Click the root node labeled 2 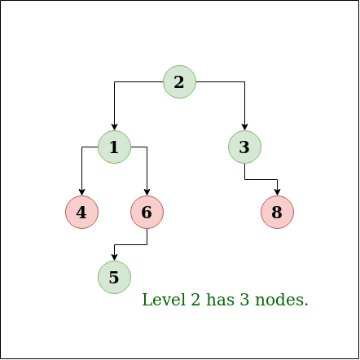[179, 81]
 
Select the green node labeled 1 [114, 147]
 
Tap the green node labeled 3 [244, 147]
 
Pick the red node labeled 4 [81, 212]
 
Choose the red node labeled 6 [147, 212]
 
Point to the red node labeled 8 [277, 212]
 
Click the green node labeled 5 [114, 277]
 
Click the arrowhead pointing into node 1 [114, 127]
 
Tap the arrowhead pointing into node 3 [244, 127]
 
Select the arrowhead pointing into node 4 [81, 192]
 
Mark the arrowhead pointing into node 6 [147, 192]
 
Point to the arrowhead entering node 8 [277, 192]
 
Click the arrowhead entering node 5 [114, 257]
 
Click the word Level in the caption [164, 300]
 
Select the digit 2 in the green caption [195, 300]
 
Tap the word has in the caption [220, 300]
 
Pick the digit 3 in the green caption [244, 300]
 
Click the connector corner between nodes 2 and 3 [244, 81]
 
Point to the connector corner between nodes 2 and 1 [114, 81]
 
